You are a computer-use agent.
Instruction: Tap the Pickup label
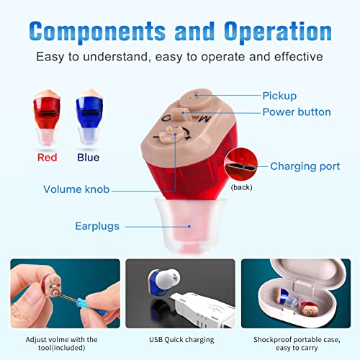(x=279, y=95)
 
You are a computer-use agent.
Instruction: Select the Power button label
(x=296, y=112)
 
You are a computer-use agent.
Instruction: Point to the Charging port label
(x=305, y=166)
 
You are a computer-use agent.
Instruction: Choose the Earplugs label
(x=99, y=225)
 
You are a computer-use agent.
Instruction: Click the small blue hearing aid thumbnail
(x=91, y=115)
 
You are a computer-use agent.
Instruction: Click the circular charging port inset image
(x=241, y=165)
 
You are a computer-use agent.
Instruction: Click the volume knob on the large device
(x=174, y=134)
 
